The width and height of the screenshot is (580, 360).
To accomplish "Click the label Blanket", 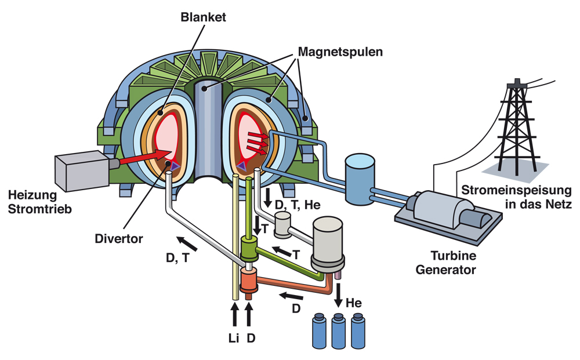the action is click(x=203, y=17).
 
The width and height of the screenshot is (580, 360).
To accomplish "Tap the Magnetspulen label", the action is click(x=340, y=52).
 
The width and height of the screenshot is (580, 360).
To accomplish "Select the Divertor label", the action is click(x=119, y=239).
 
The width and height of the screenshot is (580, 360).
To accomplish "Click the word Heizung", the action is click(x=32, y=195).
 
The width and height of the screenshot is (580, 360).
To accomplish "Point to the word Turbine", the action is click(x=454, y=256).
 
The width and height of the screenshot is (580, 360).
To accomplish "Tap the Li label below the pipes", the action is click(x=234, y=338).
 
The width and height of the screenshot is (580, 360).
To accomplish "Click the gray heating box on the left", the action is click(x=82, y=171).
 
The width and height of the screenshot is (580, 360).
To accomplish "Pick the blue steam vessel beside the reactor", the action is click(x=360, y=179).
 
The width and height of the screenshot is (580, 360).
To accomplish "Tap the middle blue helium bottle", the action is click(x=338, y=331).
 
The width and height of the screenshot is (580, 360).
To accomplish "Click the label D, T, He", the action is click(x=298, y=205).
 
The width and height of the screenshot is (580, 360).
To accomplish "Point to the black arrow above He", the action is click(x=338, y=295).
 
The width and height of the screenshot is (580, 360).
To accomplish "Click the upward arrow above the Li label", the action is click(x=234, y=315).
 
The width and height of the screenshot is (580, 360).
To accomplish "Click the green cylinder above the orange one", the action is click(x=249, y=249).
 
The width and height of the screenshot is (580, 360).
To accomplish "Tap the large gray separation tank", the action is click(x=328, y=243).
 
